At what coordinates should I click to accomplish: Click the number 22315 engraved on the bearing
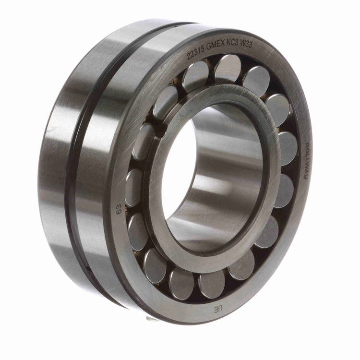[196, 53]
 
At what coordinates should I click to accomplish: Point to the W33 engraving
[246, 44]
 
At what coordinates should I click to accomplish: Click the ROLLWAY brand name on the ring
[307, 161]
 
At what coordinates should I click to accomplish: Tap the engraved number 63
[119, 209]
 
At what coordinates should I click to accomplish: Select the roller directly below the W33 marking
[256, 79]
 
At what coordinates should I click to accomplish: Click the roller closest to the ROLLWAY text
[288, 149]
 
